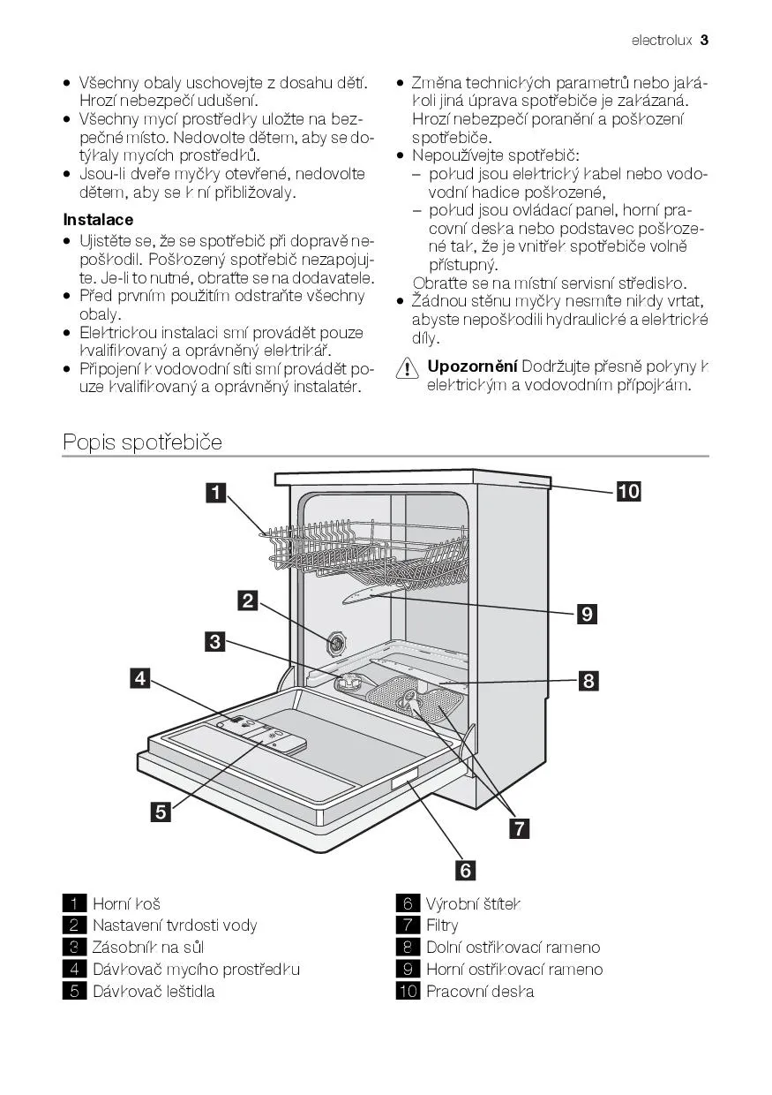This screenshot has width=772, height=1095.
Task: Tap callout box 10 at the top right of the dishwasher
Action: tap(628, 492)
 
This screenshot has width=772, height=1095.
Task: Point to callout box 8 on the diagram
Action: tap(588, 681)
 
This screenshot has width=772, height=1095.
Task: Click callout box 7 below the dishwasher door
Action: tap(520, 827)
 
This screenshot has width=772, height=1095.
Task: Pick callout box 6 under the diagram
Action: tap(465, 870)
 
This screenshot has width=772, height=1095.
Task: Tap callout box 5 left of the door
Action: tap(161, 812)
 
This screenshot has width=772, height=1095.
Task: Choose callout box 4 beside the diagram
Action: tap(139, 678)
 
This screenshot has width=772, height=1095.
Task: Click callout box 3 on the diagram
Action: tap(215, 642)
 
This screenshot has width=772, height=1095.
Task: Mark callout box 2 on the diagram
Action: tap(248, 601)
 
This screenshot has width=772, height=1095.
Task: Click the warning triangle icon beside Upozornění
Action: tap(407, 369)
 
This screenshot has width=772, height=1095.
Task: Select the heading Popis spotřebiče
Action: tap(142, 442)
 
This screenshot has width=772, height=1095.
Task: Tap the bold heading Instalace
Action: tap(98, 220)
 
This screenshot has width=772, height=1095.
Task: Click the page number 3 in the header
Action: tap(704, 40)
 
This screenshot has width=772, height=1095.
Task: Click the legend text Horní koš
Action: tap(126, 904)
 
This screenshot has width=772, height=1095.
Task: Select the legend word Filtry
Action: tap(442, 925)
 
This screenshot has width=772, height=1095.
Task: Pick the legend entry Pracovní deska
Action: tap(480, 991)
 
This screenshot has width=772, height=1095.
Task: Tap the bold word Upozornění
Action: tap(472, 366)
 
